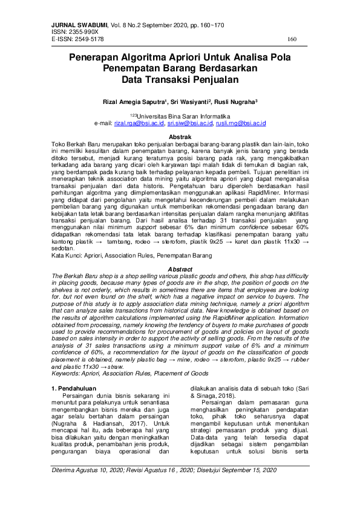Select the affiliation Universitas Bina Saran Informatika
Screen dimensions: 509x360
click(181, 115)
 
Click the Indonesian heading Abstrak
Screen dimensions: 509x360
click(180, 137)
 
